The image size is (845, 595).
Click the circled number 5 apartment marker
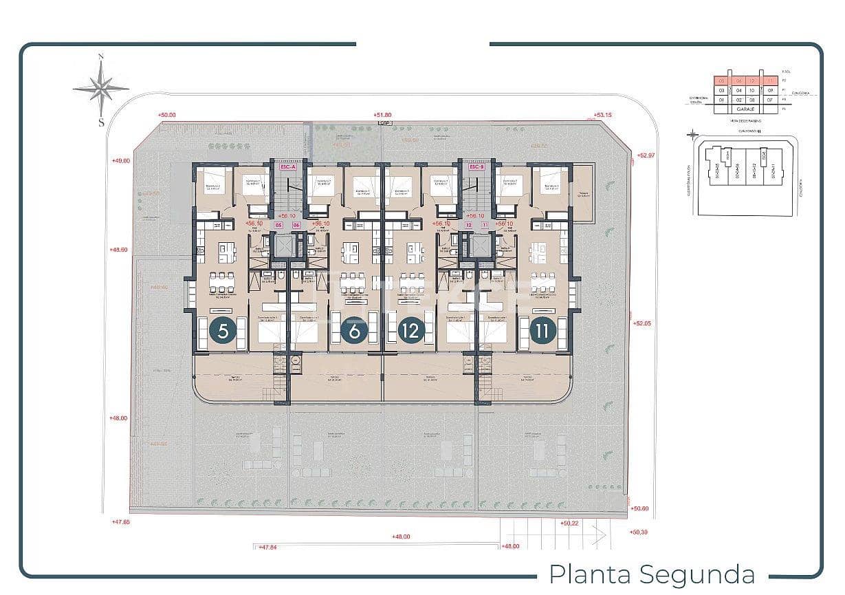click(x=223, y=331)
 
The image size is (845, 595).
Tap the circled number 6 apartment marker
click(x=354, y=331)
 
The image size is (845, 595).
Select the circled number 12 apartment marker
click(x=411, y=331)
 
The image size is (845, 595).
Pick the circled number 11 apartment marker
click(x=543, y=331)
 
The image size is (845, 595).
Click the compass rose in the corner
click(x=101, y=87)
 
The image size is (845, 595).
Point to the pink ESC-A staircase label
click(x=286, y=166)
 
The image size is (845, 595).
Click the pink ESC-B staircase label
click(x=476, y=166)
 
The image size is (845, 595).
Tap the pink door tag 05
click(x=278, y=225)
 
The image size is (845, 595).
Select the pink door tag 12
click(x=469, y=225)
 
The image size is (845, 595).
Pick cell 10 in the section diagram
click(x=754, y=90)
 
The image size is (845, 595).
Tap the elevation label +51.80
click(x=382, y=115)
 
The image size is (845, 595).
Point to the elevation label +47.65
click(x=120, y=522)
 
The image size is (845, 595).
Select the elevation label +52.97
click(x=646, y=155)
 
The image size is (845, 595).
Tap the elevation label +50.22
click(x=570, y=523)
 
